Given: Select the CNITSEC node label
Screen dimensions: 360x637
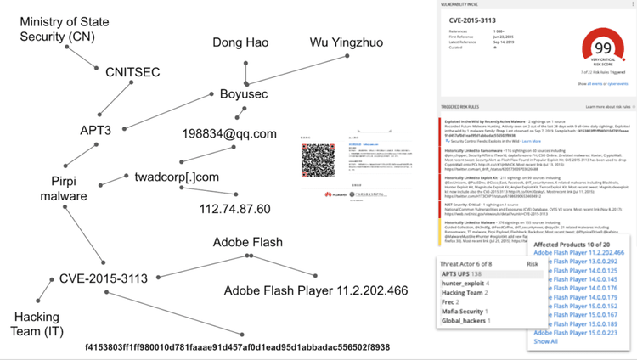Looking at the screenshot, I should click(132, 72).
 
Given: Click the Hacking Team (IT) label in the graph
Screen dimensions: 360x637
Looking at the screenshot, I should click(37, 323).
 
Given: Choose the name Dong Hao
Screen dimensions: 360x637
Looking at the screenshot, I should click(241, 42).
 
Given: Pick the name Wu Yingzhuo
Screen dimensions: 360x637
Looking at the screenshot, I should click(346, 42).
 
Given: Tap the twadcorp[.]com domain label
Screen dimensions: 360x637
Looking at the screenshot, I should click(177, 177).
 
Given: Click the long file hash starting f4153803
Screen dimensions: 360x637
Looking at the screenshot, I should click(237, 347).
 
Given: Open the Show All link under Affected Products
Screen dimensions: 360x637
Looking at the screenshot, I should click(545, 341).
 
